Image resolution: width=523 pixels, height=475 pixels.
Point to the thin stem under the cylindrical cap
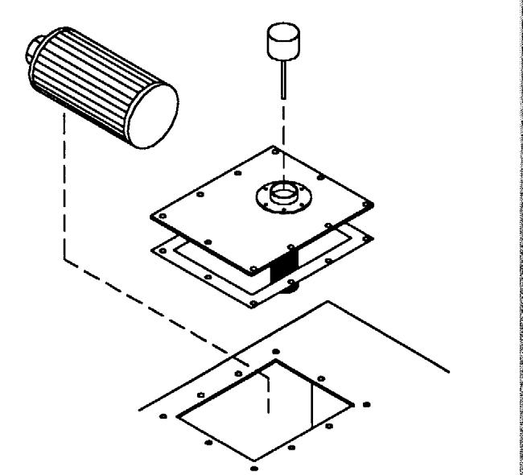[x=283, y=76]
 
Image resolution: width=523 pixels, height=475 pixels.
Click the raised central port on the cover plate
[x=282, y=194]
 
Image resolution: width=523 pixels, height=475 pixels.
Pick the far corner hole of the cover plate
[x=277, y=150]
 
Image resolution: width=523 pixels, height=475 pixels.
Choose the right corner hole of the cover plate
[x=370, y=201]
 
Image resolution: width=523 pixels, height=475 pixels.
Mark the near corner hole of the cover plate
[x=254, y=267]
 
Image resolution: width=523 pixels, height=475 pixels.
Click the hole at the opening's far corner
[x=276, y=352]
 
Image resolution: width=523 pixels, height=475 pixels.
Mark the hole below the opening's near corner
[x=255, y=467]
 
